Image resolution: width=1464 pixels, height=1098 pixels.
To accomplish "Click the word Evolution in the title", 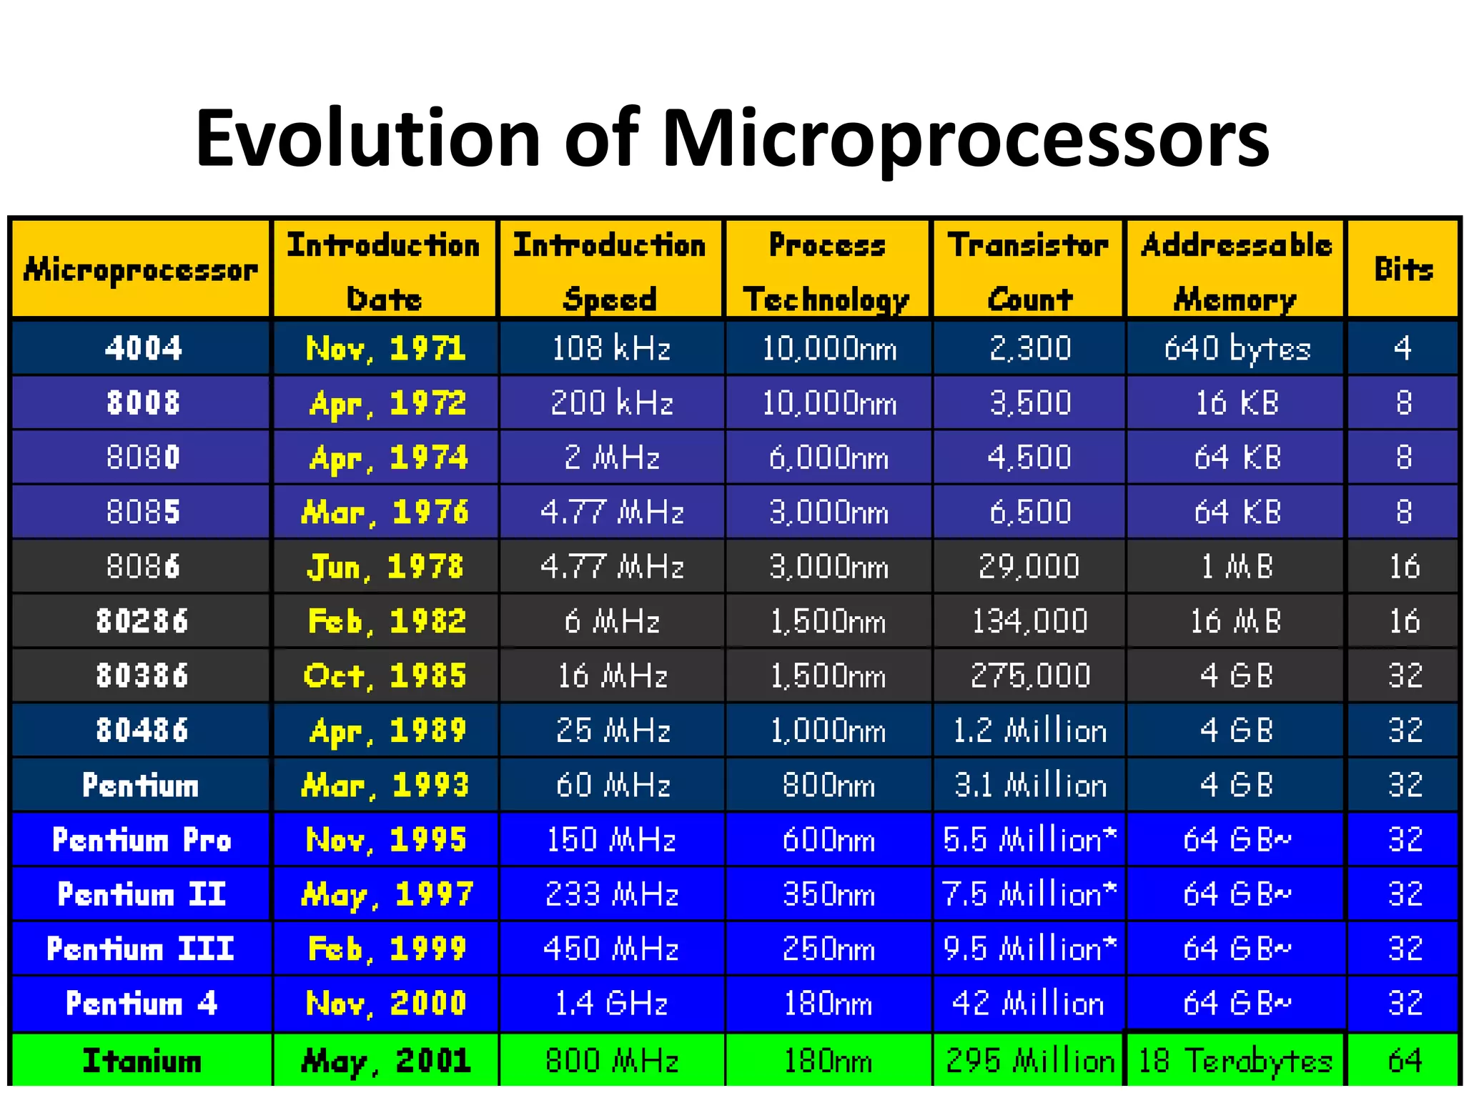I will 367,138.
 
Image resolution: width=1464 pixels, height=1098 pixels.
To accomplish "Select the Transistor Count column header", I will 1029,271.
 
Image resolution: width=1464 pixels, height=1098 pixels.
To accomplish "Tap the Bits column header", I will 1403,269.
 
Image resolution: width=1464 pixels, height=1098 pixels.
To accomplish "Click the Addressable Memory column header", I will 1236,271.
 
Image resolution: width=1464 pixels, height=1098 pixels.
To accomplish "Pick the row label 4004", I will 143,348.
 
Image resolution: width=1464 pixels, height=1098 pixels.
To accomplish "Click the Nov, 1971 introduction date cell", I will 385,349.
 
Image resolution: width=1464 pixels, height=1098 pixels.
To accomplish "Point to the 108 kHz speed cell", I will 612,349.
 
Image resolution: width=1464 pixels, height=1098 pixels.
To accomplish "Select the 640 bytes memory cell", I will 1237,349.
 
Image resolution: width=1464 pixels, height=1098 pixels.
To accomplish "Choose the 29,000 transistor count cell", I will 1029,567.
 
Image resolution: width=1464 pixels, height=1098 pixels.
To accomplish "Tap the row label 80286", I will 142,621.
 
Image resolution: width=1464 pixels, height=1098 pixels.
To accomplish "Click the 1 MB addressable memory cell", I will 1237,567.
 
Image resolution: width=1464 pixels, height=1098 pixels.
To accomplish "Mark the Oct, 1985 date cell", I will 385,676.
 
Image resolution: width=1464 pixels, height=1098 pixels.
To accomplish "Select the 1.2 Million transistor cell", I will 1029,731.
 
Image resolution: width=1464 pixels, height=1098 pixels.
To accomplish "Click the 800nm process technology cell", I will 828,785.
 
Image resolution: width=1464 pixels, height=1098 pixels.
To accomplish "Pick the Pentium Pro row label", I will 142,839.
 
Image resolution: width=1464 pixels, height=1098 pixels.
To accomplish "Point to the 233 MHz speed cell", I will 612,894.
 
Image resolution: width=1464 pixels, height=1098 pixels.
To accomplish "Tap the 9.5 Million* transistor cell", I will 1029,949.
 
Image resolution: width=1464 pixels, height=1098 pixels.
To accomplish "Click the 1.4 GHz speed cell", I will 612,1003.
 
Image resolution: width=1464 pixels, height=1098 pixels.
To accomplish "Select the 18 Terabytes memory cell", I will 1236,1061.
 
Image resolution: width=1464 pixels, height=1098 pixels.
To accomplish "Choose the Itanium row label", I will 142,1061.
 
